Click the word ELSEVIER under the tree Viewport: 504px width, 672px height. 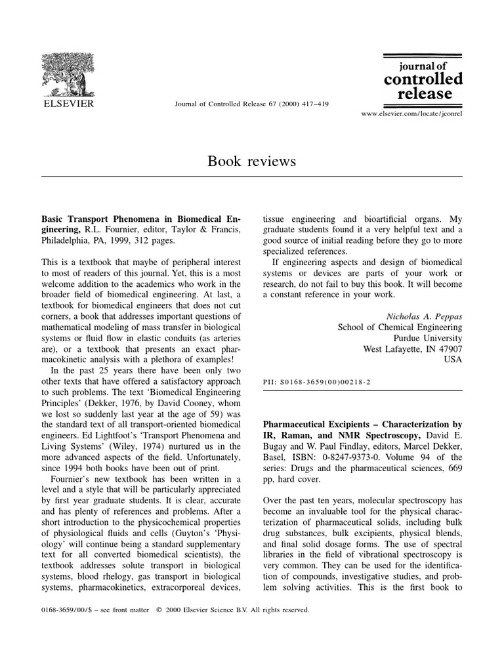click(68, 104)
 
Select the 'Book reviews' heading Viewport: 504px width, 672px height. click(251, 161)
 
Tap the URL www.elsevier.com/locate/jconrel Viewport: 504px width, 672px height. click(411, 113)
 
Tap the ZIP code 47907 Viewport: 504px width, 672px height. click(447, 350)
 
